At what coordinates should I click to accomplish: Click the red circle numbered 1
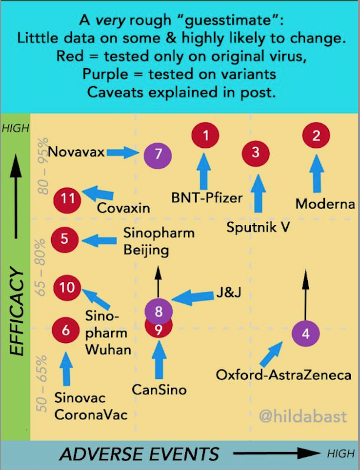205,135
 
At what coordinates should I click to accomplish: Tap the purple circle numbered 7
158,155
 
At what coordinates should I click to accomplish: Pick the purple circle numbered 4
306,333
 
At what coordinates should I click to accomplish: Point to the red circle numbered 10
67,288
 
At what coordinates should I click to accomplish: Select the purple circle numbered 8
159,312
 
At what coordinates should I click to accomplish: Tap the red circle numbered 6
66,331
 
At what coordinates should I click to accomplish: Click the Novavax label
76,152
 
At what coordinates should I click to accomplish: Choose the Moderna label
325,204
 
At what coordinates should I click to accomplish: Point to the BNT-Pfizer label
207,197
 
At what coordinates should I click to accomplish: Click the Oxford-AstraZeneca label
283,375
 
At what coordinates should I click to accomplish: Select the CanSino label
159,390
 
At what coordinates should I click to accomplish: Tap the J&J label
229,292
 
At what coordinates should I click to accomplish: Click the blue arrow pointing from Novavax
123,153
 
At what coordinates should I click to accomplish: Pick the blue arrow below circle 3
258,194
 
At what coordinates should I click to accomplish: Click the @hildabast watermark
303,416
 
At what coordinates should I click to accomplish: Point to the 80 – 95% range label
43,166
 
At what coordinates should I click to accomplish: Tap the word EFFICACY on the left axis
17,311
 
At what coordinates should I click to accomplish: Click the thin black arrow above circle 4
305,294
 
